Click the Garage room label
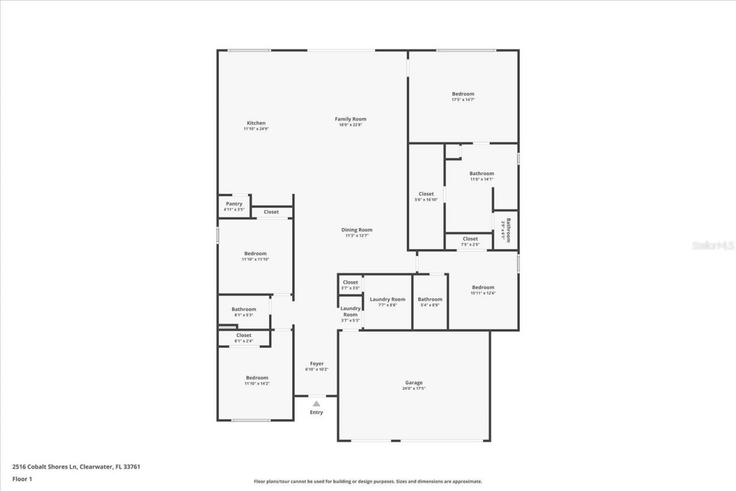coord(413,382)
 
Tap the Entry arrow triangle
coord(316,404)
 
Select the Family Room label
coord(350,119)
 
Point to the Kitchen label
coord(256,123)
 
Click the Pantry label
coord(234,204)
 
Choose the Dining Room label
coord(356,230)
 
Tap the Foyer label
coord(316,363)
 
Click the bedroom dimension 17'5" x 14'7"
coord(463,100)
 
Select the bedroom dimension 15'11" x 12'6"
coord(483,293)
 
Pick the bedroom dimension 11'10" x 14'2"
coord(257,383)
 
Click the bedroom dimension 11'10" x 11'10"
coord(255,259)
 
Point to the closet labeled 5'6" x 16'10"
coord(426,194)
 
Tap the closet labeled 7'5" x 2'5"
coord(470,239)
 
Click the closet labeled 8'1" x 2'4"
coord(244,335)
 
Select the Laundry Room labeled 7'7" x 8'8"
coord(388,299)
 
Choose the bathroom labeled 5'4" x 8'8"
coord(430,299)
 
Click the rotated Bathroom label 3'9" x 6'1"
coord(506,230)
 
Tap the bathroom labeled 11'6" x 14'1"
coord(481,174)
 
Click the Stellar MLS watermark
coord(713,245)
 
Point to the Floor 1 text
coord(22,479)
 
